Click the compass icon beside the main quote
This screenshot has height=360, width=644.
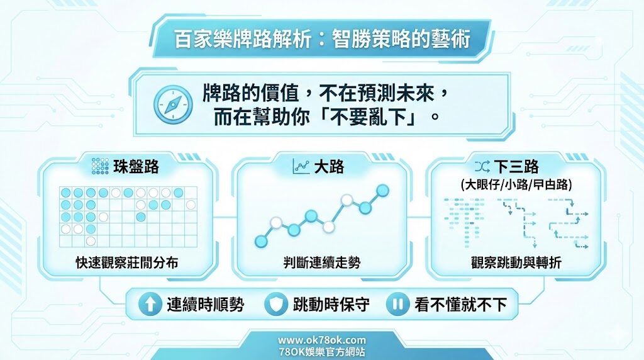pyautogui.click(x=173, y=104)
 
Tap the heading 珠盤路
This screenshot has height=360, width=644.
pyautogui.click(x=136, y=167)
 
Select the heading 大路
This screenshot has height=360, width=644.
pyautogui.click(x=329, y=167)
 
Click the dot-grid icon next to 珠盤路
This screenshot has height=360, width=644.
pyautogui.click(x=101, y=166)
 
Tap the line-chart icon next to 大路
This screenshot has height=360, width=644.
pyautogui.click(x=301, y=167)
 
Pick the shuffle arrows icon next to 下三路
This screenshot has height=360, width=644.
pyautogui.click(x=482, y=167)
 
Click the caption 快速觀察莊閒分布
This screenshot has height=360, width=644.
pyautogui.click(x=126, y=263)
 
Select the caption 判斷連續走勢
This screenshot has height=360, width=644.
pyautogui.click(x=322, y=263)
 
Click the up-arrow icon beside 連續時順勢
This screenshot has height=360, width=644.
pyautogui.click(x=150, y=305)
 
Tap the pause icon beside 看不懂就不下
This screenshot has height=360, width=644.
pyautogui.click(x=398, y=305)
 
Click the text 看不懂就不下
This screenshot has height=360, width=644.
pyautogui.click(x=460, y=305)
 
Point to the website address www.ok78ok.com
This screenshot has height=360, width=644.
pyautogui.click(x=322, y=340)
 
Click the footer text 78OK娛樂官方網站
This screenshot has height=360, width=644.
pyautogui.click(x=322, y=352)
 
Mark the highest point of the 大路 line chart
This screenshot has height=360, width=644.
pyautogui.click(x=382, y=190)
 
